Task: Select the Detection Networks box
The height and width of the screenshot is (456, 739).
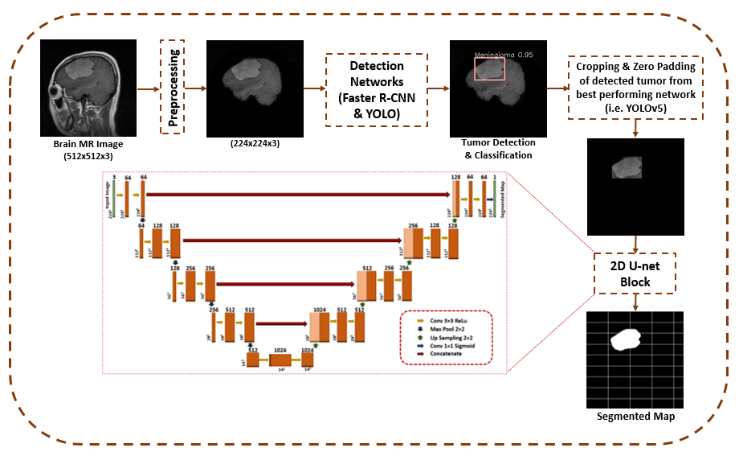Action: (x=376, y=91)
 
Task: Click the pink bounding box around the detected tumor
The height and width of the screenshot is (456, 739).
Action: (x=490, y=69)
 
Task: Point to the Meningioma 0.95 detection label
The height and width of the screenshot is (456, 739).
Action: (x=504, y=55)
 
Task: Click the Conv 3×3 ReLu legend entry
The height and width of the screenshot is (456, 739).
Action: (x=451, y=320)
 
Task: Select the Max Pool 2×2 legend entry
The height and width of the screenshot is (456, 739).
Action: (x=447, y=329)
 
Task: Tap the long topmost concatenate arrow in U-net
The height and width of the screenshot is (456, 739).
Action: (x=297, y=194)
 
